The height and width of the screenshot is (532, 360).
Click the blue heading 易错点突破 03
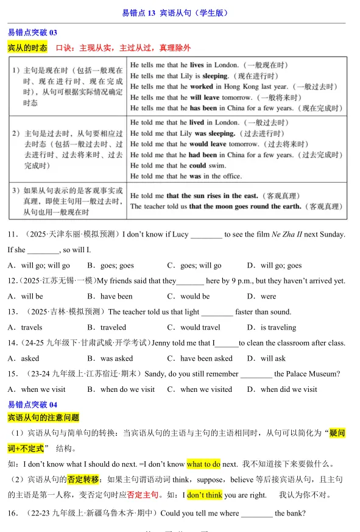(x=32, y=33)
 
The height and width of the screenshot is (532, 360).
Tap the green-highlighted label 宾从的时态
(x=27, y=48)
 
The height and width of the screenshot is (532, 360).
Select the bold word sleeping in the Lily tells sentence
(x=215, y=76)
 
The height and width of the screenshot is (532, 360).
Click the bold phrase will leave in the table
(x=204, y=98)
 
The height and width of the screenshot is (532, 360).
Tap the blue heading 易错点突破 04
(x=32, y=405)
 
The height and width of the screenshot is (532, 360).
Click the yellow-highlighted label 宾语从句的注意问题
(x=43, y=418)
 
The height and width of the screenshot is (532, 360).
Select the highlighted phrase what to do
(x=203, y=464)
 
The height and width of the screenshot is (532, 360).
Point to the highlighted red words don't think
(x=205, y=495)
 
